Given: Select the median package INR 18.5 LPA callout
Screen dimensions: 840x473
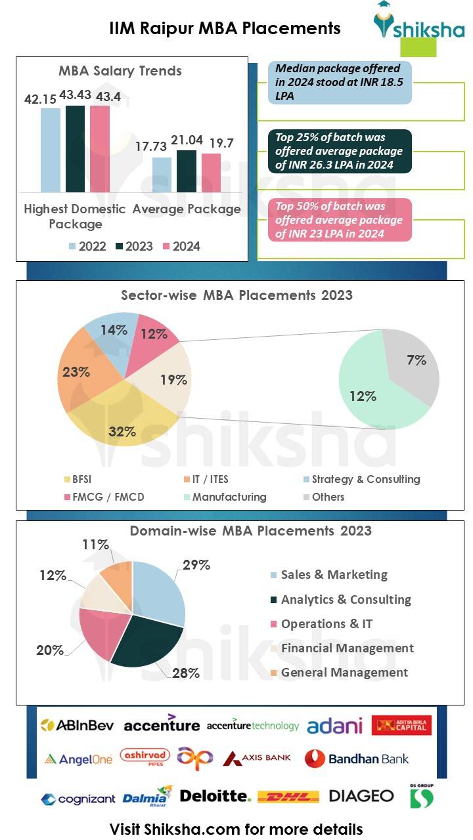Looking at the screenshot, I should click(x=340, y=83).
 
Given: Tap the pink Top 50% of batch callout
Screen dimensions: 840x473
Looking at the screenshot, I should click(x=340, y=220).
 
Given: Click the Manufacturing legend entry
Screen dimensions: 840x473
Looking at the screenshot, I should click(x=223, y=497).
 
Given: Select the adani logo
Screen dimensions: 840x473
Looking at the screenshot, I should click(x=334, y=725).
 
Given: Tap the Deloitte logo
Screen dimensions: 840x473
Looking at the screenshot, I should click(x=215, y=796).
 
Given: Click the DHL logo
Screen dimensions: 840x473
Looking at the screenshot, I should click(x=288, y=797).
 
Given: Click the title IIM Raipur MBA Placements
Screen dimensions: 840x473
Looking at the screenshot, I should click(x=225, y=28).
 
